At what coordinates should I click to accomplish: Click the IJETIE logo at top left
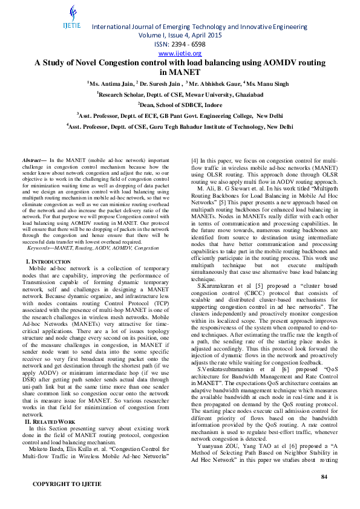[72, 19]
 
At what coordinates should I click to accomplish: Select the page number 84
[324, 478]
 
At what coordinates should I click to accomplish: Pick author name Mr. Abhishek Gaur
[213, 83]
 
